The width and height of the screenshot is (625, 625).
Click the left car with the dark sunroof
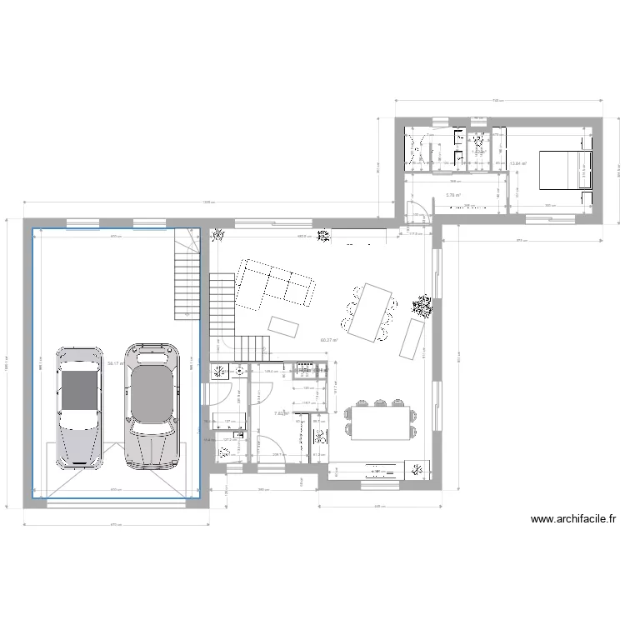click(x=78, y=406)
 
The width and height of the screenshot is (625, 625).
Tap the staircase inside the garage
click(x=187, y=275)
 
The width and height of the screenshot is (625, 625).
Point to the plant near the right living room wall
click(x=422, y=306)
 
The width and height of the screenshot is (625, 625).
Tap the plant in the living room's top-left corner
click(x=218, y=236)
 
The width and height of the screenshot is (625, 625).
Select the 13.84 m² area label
click(x=519, y=163)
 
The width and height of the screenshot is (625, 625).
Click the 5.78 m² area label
click(x=453, y=195)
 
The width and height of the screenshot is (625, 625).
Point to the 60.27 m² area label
click(x=328, y=340)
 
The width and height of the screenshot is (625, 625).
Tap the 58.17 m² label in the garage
click(x=116, y=363)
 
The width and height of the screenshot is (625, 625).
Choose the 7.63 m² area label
click(x=282, y=412)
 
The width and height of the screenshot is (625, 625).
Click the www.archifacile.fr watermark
click(x=573, y=518)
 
